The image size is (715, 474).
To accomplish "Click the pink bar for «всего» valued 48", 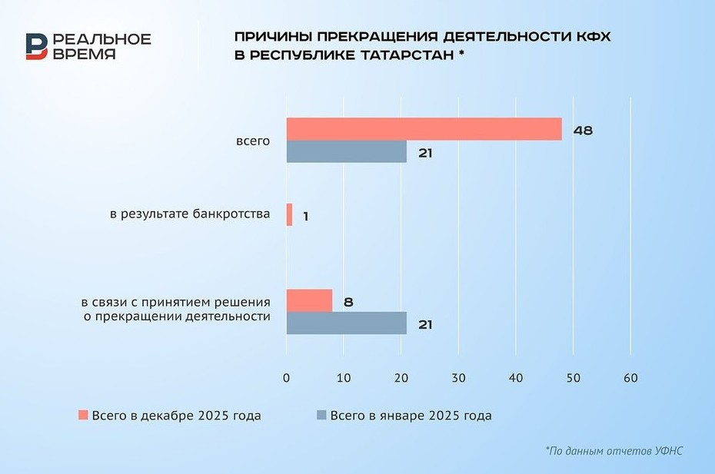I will (424, 129).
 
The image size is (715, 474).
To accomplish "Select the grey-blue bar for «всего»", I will (346, 152).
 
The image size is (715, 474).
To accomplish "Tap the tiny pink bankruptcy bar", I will (289, 214).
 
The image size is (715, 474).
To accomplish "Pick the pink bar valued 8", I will (309, 300).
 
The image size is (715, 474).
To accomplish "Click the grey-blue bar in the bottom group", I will (346, 323).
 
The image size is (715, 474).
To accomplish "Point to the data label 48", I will (583, 131).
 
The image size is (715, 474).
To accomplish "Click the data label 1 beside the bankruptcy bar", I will (305, 217).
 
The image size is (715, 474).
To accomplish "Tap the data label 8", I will (348, 302).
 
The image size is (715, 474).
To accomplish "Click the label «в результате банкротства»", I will (190, 214).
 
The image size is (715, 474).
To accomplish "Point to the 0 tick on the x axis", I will (287, 379).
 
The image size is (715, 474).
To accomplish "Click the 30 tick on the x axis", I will (458, 379).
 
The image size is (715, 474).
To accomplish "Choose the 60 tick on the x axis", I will (630, 379).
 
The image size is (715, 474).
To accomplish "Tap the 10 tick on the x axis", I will (344, 379).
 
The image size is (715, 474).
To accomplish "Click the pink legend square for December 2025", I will (83, 416).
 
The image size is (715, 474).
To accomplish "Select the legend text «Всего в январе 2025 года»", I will (411, 416).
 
